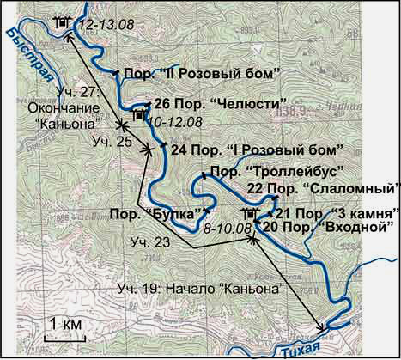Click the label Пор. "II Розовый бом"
(x=204, y=75)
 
